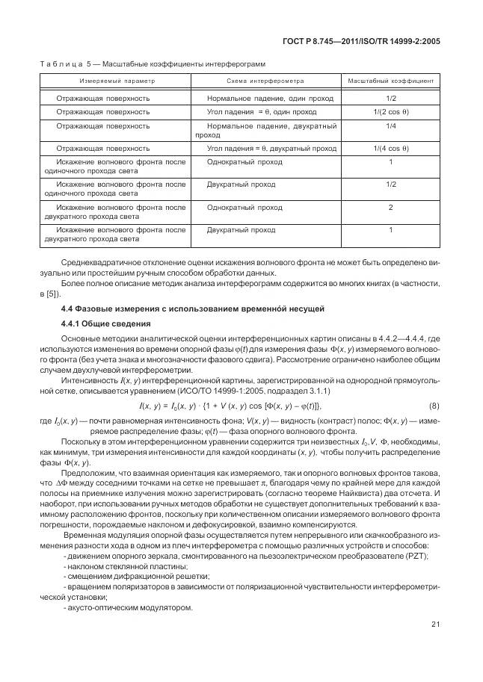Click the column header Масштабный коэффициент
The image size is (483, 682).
point(390,81)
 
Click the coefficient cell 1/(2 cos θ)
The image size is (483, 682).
point(390,112)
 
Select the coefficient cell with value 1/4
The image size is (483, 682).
point(390,126)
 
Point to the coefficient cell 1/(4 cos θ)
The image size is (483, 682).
point(390,149)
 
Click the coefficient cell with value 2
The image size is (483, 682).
point(390,208)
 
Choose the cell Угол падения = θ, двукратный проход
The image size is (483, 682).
point(271,149)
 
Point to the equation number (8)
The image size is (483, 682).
point(434,406)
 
